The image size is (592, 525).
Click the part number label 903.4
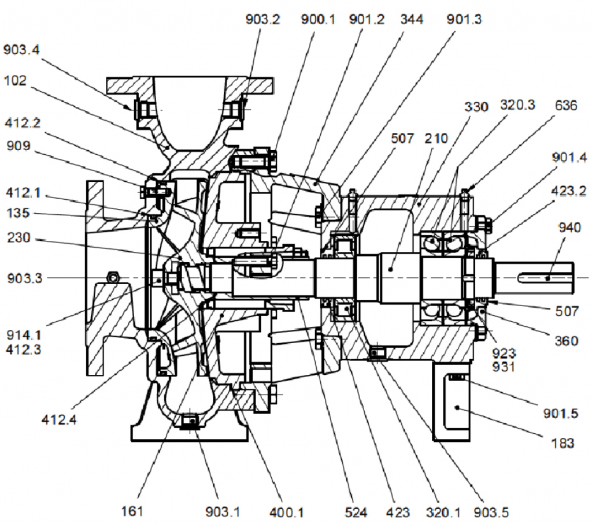click(x=22, y=50)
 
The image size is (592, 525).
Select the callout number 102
click(x=15, y=81)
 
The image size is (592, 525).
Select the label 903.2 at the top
click(x=262, y=20)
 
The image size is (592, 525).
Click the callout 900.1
click(x=318, y=20)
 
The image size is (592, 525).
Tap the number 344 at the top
click(x=412, y=20)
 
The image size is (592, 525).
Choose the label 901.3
click(x=464, y=20)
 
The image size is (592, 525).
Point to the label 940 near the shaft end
click(x=569, y=228)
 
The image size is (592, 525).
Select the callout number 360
click(x=566, y=341)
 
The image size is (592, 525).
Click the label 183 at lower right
click(x=562, y=444)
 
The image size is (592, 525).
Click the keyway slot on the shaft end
click(x=543, y=278)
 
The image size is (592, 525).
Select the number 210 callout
click(x=436, y=139)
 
